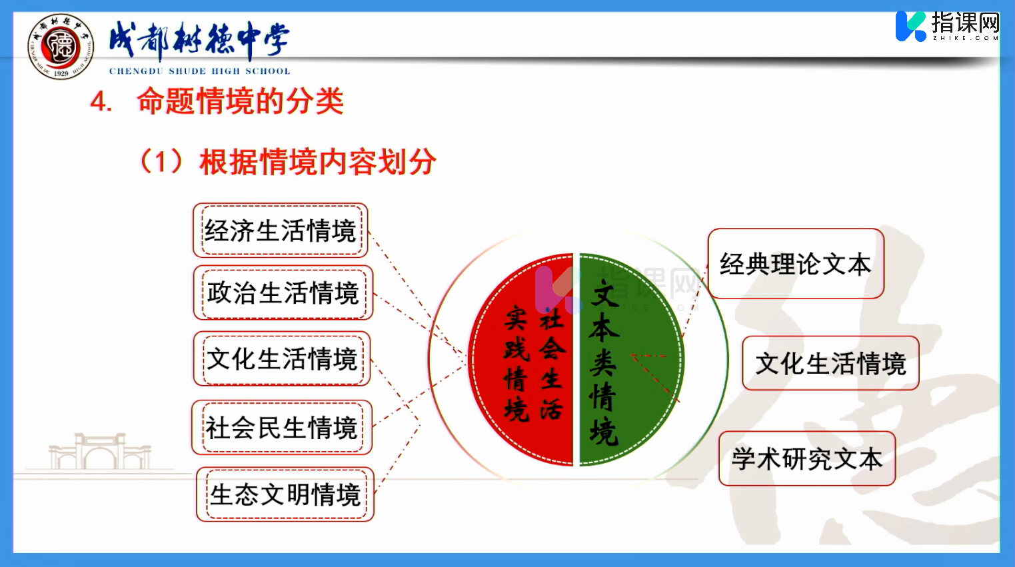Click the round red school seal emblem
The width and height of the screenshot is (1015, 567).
[60, 46]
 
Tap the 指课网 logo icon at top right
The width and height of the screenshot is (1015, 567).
[911, 26]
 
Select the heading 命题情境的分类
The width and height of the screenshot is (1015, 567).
[240, 101]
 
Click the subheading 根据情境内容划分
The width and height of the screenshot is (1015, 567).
[318, 162]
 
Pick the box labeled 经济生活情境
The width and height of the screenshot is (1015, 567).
[280, 231]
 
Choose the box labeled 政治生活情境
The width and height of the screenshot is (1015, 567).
[283, 292]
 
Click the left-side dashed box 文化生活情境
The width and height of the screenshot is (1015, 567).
[282, 358]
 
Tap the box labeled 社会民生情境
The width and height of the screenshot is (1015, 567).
[281, 428]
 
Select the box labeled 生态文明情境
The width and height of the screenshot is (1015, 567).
[285, 494]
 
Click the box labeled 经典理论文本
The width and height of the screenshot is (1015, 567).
[796, 264]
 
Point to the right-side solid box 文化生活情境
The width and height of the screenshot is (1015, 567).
[830, 363]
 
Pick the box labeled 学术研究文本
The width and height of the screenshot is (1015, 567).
[807, 458]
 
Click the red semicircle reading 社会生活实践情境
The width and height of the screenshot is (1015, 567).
[521, 360]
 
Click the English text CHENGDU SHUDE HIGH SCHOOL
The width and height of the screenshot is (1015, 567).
[199, 71]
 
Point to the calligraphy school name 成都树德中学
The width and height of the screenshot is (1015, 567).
[199, 40]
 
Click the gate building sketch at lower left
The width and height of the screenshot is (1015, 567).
[100, 452]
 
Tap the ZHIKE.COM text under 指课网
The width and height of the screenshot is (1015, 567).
[966, 38]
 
